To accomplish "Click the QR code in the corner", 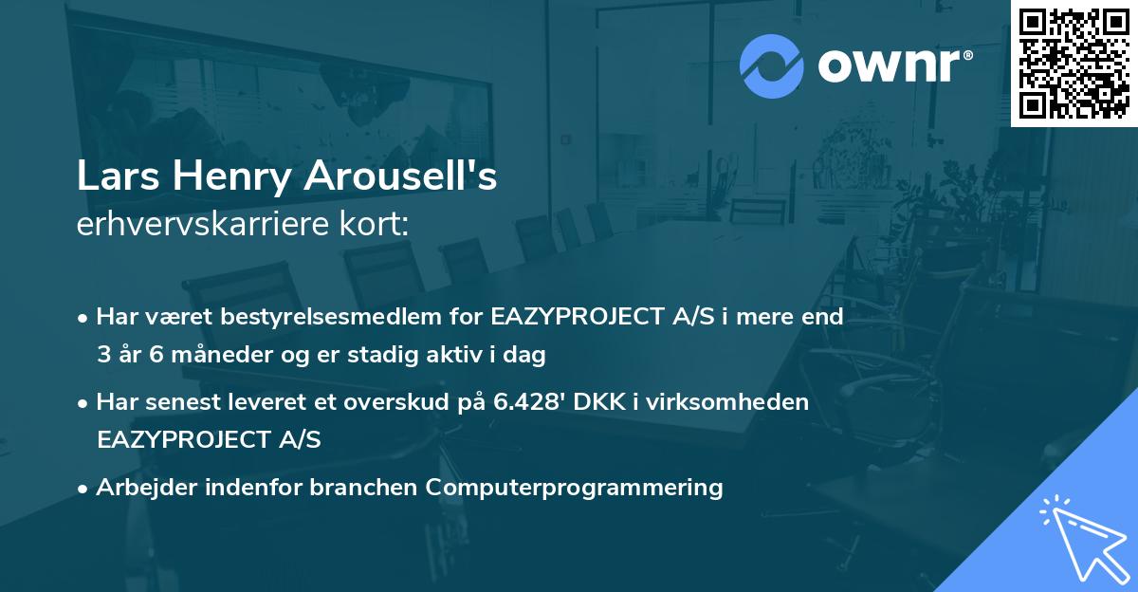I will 1074,63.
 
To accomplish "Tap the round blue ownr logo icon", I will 772,66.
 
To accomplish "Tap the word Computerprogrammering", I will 575,488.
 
